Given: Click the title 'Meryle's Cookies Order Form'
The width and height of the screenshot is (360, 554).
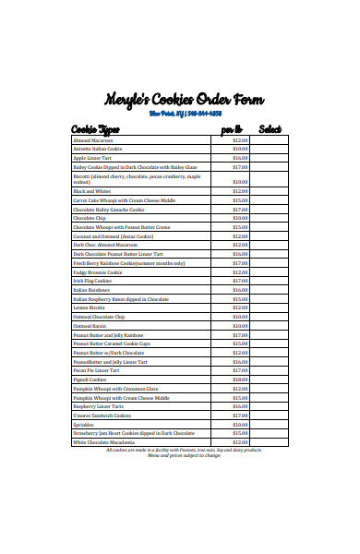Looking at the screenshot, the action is coord(184,100).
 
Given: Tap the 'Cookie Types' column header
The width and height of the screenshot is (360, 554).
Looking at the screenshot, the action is coord(96,128).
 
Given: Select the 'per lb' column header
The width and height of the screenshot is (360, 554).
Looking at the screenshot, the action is coord(231,128).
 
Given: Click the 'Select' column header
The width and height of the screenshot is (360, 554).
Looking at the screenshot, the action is coord(270,128).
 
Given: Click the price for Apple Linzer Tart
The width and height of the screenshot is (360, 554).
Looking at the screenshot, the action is coord(240,158).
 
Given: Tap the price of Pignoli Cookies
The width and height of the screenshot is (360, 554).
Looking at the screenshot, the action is coord(240,379).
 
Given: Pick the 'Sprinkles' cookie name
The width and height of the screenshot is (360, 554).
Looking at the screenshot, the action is coord(85,424).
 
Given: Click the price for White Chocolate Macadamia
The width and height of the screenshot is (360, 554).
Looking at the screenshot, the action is coord(240,441).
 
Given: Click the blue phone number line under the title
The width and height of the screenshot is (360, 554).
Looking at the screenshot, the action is coord(185,114).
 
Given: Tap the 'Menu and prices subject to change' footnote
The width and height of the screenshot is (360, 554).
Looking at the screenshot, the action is coord(184,454).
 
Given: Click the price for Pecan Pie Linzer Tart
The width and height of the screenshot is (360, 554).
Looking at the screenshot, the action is coord(240,369).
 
